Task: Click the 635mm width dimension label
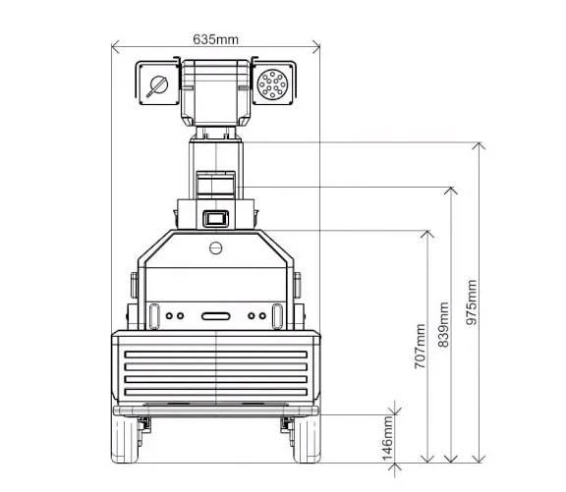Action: coord(215,39)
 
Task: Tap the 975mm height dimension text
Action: coord(471,302)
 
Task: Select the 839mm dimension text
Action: coord(443,325)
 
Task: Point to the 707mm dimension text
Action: coord(420,347)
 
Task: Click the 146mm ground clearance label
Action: coord(388,438)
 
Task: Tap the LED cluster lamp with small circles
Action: coord(272,83)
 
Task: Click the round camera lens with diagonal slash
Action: coord(158,86)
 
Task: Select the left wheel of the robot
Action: coord(125,438)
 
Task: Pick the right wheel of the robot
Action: coord(307,438)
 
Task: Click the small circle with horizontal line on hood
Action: coord(216,248)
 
